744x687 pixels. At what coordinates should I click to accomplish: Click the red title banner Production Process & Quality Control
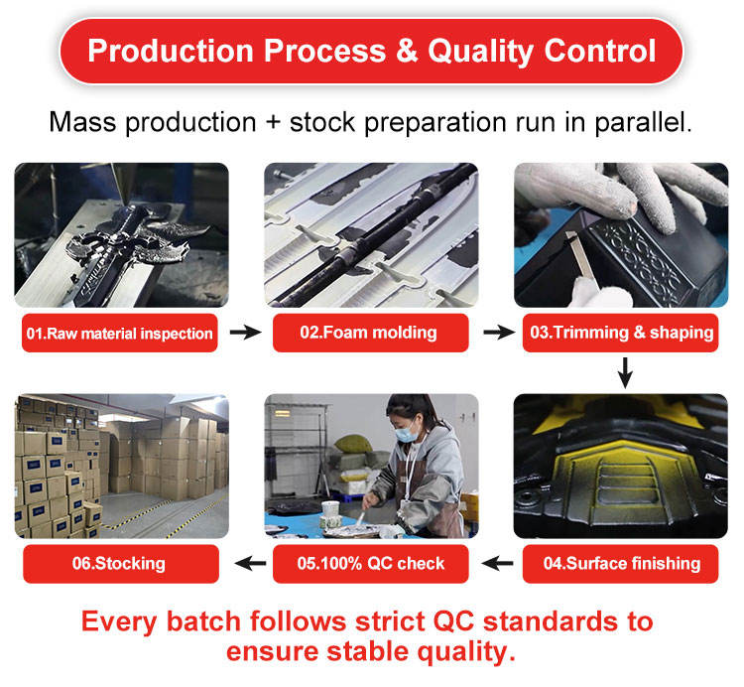[x=372, y=52]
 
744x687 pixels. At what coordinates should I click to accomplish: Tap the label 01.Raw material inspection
[x=119, y=333]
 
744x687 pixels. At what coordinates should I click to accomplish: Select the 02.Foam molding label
[x=371, y=333]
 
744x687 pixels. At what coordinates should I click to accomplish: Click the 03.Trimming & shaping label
[x=622, y=333]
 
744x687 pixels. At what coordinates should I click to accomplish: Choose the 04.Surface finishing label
[x=622, y=563]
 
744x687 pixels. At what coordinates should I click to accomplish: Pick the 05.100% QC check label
[x=371, y=563]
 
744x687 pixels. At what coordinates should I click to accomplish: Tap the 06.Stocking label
[x=119, y=563]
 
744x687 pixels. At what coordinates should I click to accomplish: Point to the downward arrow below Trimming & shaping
[x=624, y=373]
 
